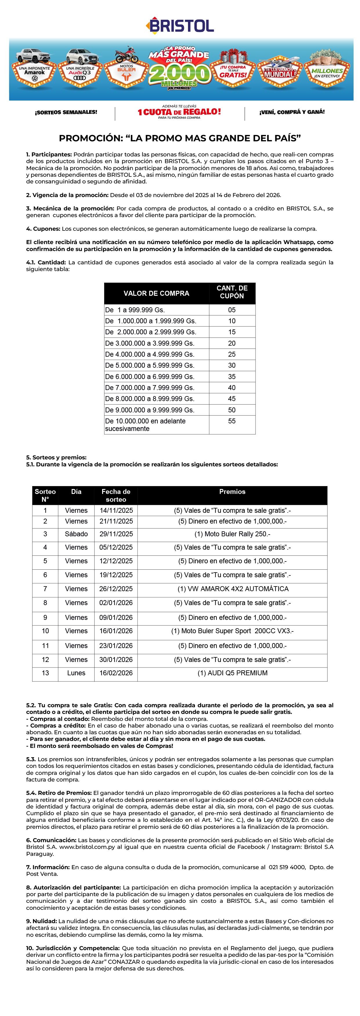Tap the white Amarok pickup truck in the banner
(34, 56)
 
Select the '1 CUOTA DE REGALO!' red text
(179, 112)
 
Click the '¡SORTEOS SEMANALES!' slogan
(66, 112)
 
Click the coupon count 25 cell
(232, 354)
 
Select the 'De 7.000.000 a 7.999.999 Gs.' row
(150, 388)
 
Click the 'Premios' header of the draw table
(232, 491)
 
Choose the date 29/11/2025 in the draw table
(116, 534)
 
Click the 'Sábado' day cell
(76, 534)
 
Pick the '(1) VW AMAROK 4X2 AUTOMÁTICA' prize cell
(233, 589)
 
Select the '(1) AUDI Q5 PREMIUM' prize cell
(232, 673)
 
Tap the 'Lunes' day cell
(76, 673)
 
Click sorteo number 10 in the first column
(45, 631)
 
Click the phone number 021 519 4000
(287, 867)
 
